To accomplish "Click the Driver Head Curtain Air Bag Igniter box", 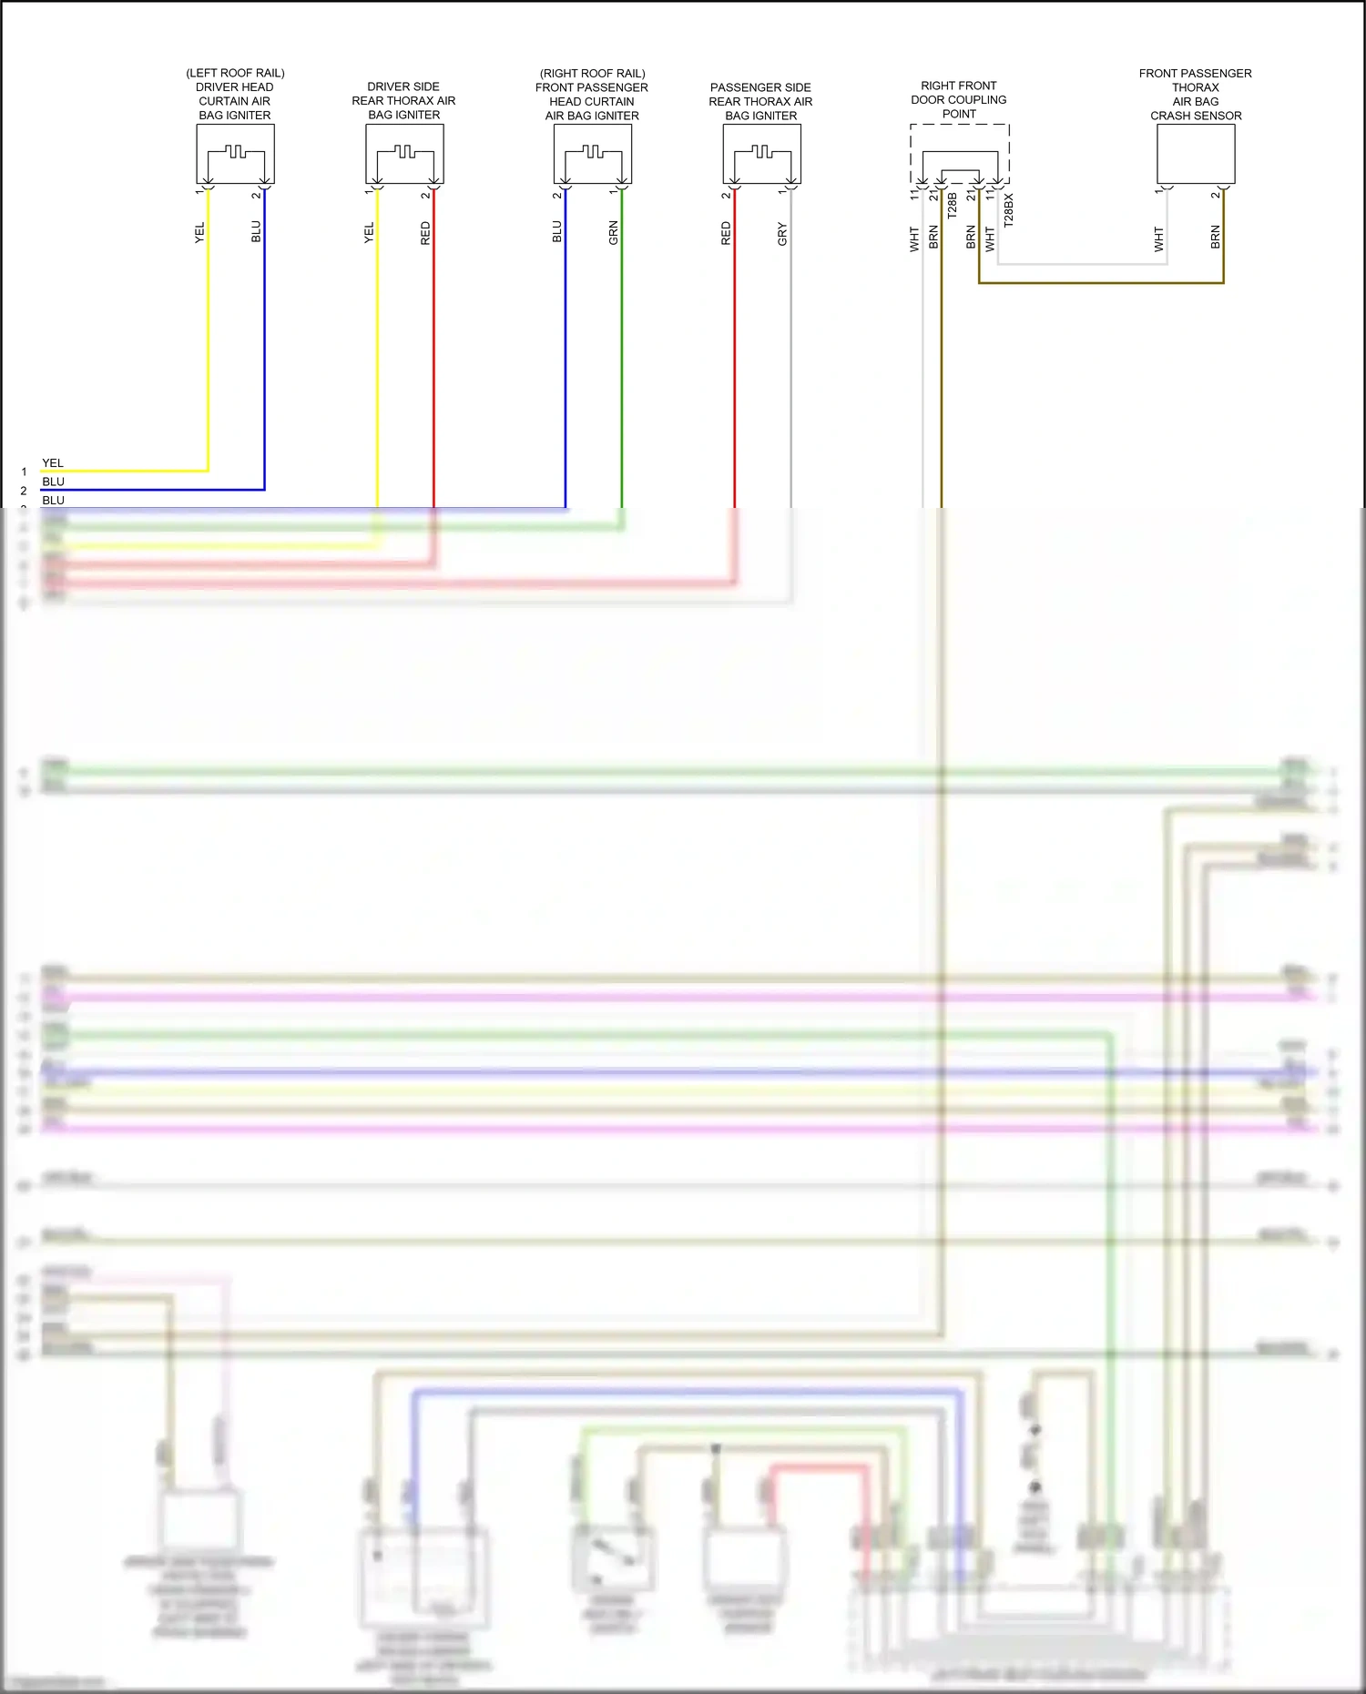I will tap(235, 154).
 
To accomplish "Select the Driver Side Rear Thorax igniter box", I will tap(404, 154).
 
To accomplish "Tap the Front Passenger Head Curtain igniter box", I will tap(592, 154).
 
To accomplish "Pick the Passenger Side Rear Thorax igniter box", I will tap(761, 154).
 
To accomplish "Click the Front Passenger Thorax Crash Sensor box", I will tap(1196, 154).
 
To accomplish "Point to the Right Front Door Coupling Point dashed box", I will tap(960, 154).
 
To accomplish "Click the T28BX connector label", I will tap(1008, 209).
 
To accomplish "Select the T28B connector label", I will tap(952, 206).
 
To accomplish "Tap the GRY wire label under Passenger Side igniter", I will tap(782, 234).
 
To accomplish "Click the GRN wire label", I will tap(613, 233).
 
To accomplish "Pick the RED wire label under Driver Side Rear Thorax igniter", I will tap(425, 233).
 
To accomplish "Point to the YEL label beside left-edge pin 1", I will tap(53, 463).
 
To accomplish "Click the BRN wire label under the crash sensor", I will tap(1215, 238).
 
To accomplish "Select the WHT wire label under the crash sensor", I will tap(1158, 239).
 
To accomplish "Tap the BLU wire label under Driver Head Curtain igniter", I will tap(256, 232).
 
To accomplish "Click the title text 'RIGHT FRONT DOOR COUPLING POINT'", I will tap(959, 100).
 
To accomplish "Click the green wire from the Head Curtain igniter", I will tap(622, 364).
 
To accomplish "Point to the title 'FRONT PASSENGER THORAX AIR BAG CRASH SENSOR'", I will tap(1196, 95).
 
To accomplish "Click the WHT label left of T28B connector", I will tap(914, 239).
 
